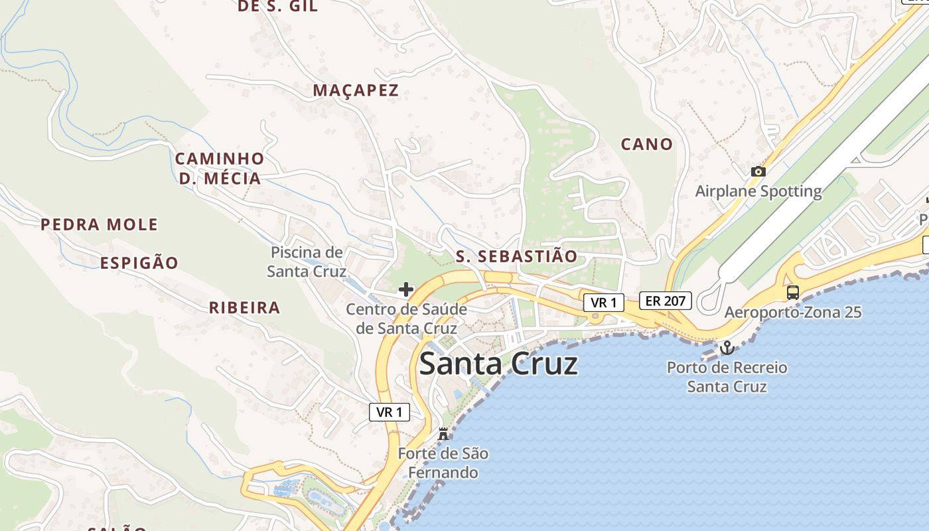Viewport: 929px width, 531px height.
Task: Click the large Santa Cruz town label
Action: [499, 364]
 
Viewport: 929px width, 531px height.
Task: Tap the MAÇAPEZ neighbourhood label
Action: [356, 90]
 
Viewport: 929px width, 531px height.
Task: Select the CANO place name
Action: [646, 144]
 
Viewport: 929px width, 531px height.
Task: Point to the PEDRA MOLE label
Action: [100, 224]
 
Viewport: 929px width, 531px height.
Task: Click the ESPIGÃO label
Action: [139, 263]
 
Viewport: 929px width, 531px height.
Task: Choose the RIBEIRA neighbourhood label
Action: [244, 307]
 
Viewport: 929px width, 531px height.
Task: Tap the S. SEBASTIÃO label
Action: [517, 256]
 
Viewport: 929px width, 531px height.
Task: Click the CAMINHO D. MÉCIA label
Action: [220, 169]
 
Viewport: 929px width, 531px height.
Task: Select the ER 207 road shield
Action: [666, 301]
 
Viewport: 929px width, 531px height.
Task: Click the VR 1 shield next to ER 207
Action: [604, 303]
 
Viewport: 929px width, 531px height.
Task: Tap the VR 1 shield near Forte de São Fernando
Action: [390, 412]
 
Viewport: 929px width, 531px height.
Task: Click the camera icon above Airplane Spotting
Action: [758, 171]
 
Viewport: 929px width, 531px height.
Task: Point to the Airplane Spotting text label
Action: [758, 191]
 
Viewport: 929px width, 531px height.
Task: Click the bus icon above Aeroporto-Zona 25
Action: [793, 292]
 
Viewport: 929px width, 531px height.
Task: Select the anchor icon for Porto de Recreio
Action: [727, 348]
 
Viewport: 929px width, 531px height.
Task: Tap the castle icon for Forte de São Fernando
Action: [443, 434]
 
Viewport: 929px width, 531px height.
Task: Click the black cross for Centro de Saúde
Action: [406, 289]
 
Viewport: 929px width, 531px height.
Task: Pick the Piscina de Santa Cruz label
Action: [307, 262]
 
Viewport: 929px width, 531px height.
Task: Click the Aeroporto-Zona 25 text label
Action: [793, 312]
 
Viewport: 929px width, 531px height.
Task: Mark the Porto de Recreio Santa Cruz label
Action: [727, 377]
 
